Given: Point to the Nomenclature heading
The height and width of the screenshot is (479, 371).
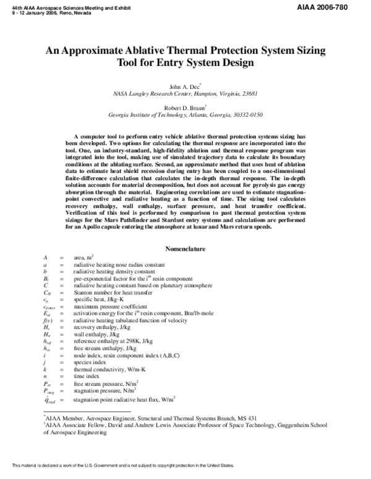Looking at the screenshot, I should [185, 249].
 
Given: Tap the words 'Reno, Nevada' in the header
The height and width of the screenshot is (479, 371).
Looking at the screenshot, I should [55, 9].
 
